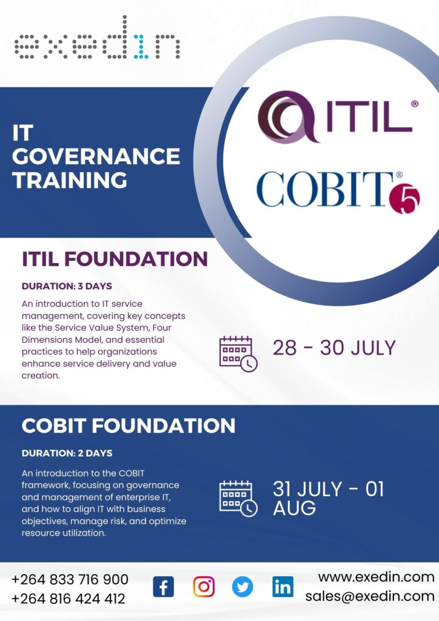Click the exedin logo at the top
(98, 38)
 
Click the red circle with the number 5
(404, 198)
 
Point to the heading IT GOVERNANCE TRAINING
(96, 156)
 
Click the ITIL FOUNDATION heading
(115, 259)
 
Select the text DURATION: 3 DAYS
(67, 286)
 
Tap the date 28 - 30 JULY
(334, 347)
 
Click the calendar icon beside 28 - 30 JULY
(238, 354)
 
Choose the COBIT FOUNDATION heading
(129, 426)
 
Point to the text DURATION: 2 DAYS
(67, 453)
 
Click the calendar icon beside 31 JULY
(238, 498)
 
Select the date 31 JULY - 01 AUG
(328, 498)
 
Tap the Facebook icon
(164, 586)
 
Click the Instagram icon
(204, 586)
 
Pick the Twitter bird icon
(243, 586)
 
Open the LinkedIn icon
(283, 586)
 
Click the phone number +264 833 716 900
(70, 579)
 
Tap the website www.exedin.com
(376, 577)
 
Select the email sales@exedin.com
(370, 596)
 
